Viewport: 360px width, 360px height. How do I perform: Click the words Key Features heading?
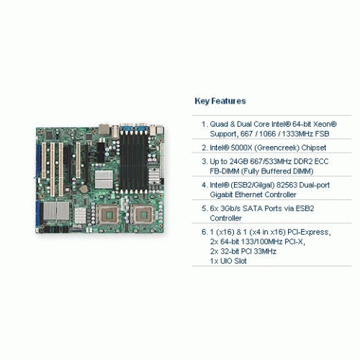tap(220, 101)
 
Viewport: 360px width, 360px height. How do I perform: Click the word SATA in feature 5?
tap(252, 208)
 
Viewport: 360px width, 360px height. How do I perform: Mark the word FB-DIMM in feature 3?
tap(225, 171)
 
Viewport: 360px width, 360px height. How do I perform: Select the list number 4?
tap(204, 185)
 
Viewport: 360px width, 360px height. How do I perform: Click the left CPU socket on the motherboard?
tap(109, 215)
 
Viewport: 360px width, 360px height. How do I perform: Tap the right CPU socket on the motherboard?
tap(143, 215)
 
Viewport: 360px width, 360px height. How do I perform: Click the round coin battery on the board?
tap(84, 189)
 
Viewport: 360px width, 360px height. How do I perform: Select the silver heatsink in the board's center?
tap(104, 179)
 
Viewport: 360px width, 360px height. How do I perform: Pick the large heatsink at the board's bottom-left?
tap(56, 211)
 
